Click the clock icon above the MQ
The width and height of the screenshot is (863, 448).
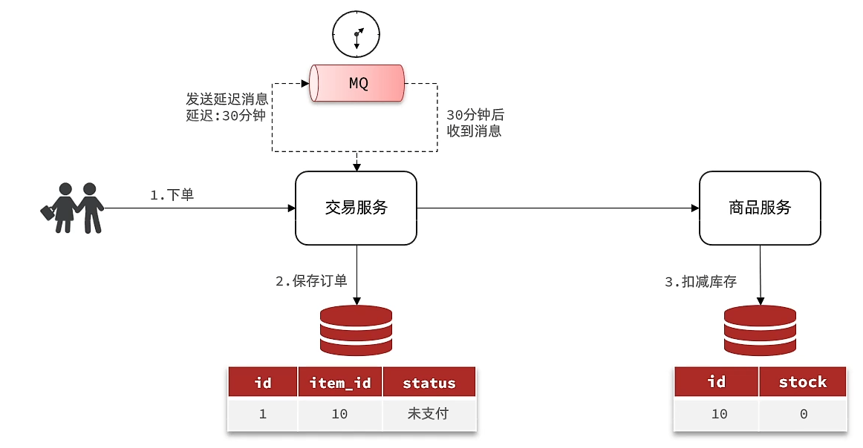tap(356, 34)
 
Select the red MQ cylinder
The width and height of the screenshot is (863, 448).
tap(357, 83)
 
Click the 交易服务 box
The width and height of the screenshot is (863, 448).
tap(356, 208)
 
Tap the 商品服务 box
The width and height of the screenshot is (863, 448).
tap(760, 208)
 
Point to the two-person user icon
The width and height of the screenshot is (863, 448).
tap(72, 208)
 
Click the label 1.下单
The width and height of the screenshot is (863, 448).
tap(172, 196)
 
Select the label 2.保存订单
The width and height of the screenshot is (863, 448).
tap(311, 282)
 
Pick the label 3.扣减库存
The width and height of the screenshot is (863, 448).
tap(700, 282)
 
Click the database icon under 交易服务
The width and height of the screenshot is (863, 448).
tap(356, 330)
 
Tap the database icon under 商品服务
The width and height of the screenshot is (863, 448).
tap(760, 330)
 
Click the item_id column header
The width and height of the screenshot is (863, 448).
tap(339, 383)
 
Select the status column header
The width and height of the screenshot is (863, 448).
tap(429, 383)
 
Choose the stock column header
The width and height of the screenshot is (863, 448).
tap(802, 382)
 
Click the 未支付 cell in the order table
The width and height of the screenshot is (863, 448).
tap(429, 414)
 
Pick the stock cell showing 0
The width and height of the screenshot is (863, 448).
tap(803, 414)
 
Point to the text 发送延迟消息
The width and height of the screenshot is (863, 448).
tap(227, 99)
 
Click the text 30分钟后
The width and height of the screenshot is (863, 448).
tap(475, 115)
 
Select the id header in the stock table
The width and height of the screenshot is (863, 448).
tap(717, 382)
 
